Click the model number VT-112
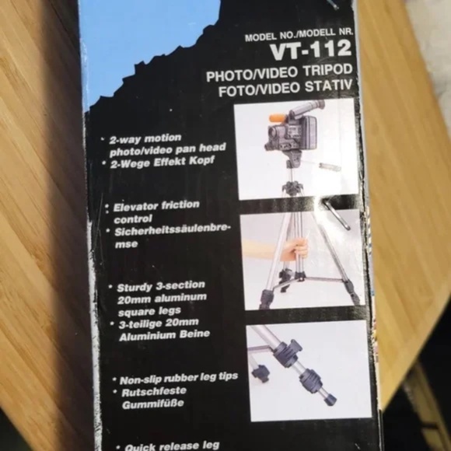[x=309, y=52]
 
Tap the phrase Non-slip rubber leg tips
[x=178, y=378]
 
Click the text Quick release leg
[x=171, y=446]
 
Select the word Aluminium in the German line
[x=145, y=334]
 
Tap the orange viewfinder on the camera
[x=277, y=119]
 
